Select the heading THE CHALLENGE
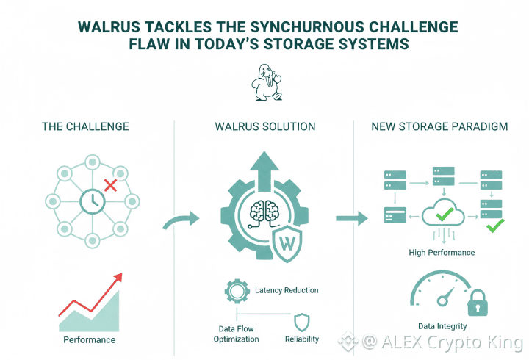(86, 127)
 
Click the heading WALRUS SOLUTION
(264, 127)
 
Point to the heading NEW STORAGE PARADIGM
(439, 127)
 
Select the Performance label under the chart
(89, 339)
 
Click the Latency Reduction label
(287, 290)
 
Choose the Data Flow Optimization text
(236, 334)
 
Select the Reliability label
(302, 339)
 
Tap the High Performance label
(442, 253)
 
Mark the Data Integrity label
(442, 326)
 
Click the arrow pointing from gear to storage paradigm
(352, 217)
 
